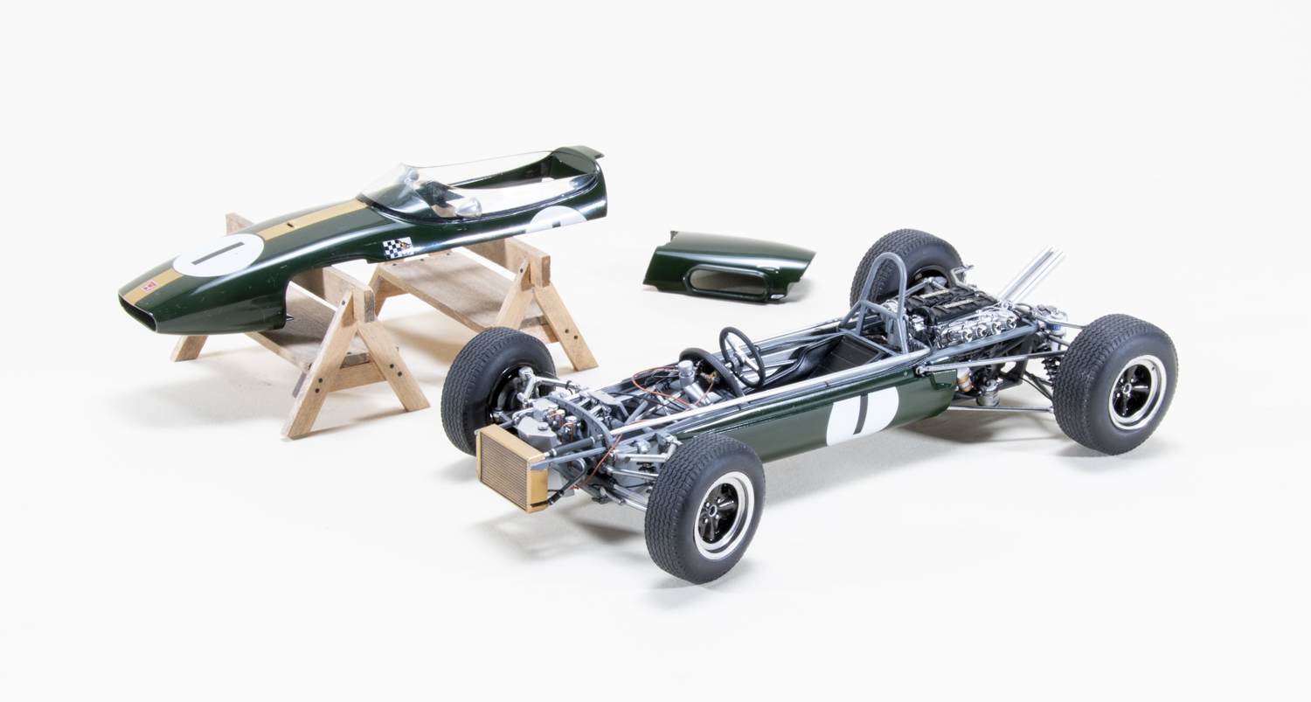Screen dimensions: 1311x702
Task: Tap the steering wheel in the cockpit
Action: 738,354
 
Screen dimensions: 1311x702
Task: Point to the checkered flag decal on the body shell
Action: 398,247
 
